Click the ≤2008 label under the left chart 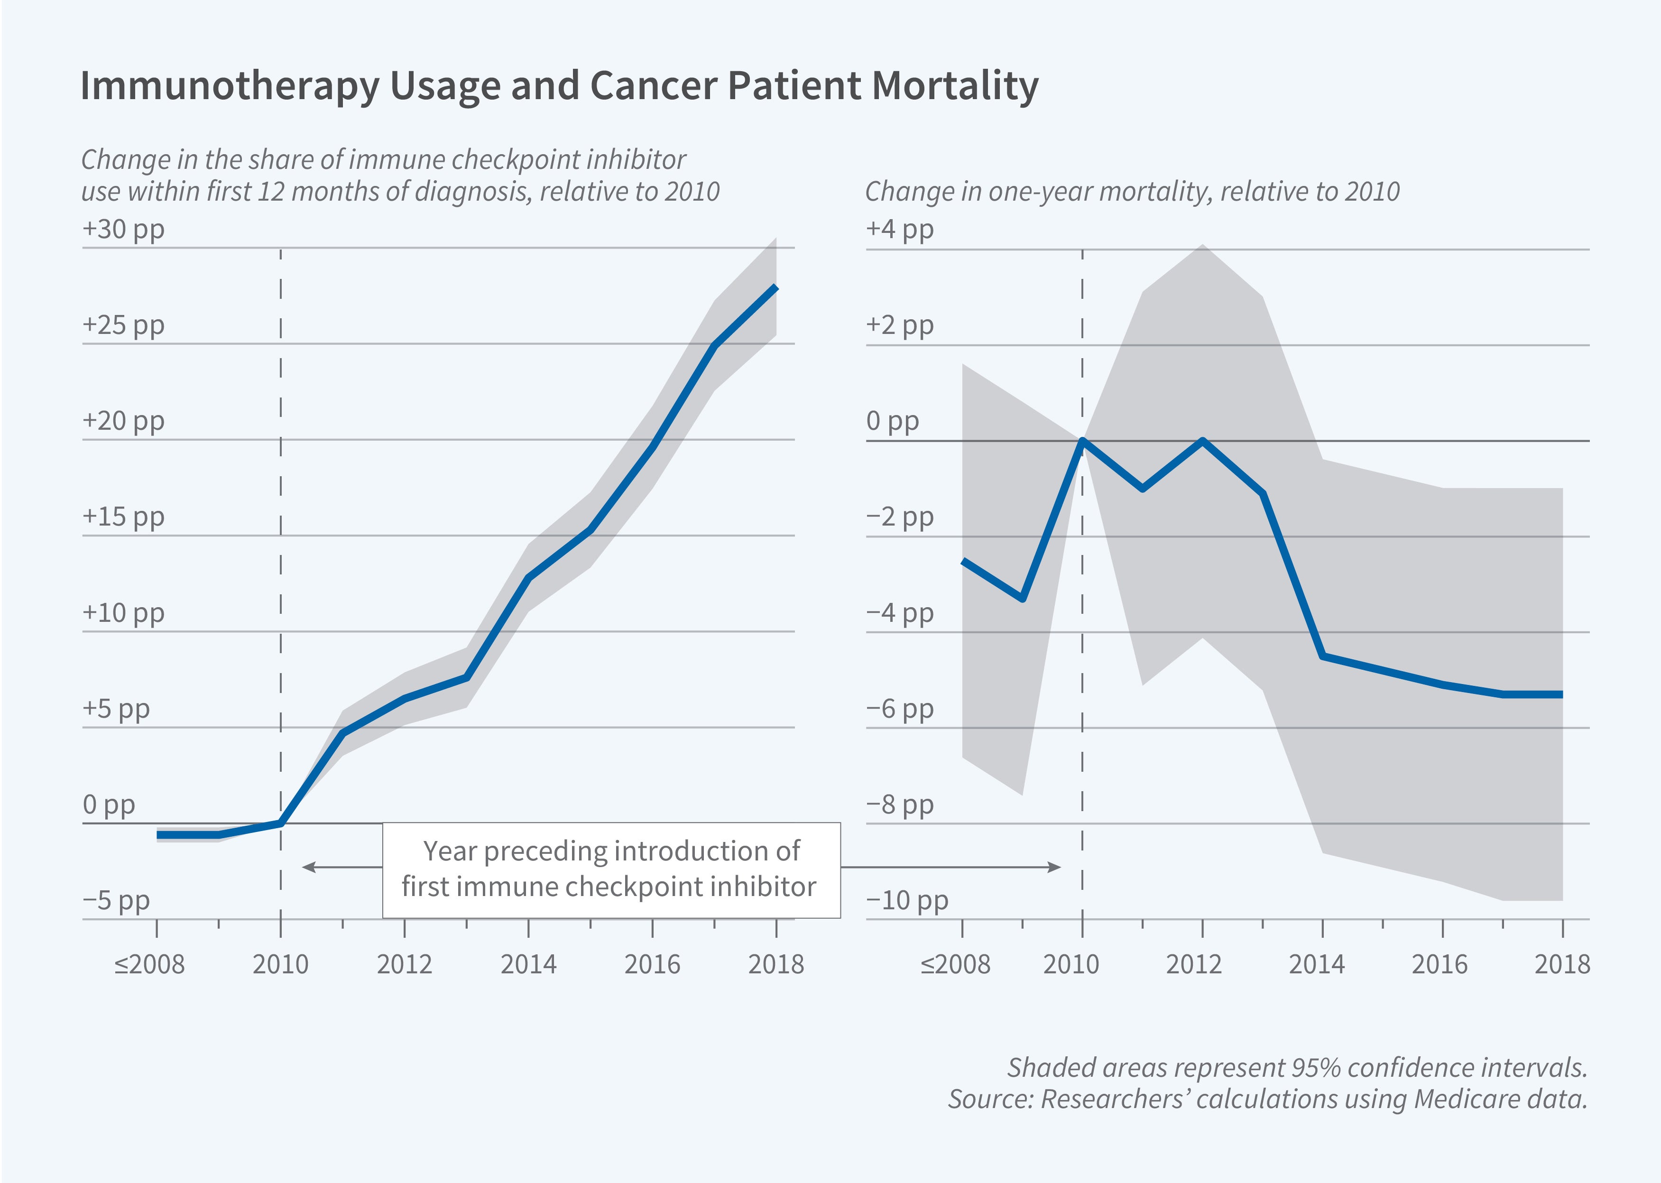pyautogui.click(x=149, y=964)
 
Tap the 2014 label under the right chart pyautogui.click(x=1317, y=964)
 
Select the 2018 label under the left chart pyautogui.click(x=776, y=964)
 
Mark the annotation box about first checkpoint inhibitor pyautogui.click(x=611, y=870)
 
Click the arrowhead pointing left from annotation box pyautogui.click(x=306, y=867)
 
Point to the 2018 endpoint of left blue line pyautogui.click(x=776, y=288)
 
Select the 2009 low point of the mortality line pyautogui.click(x=1023, y=599)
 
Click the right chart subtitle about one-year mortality pyautogui.click(x=1132, y=192)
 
